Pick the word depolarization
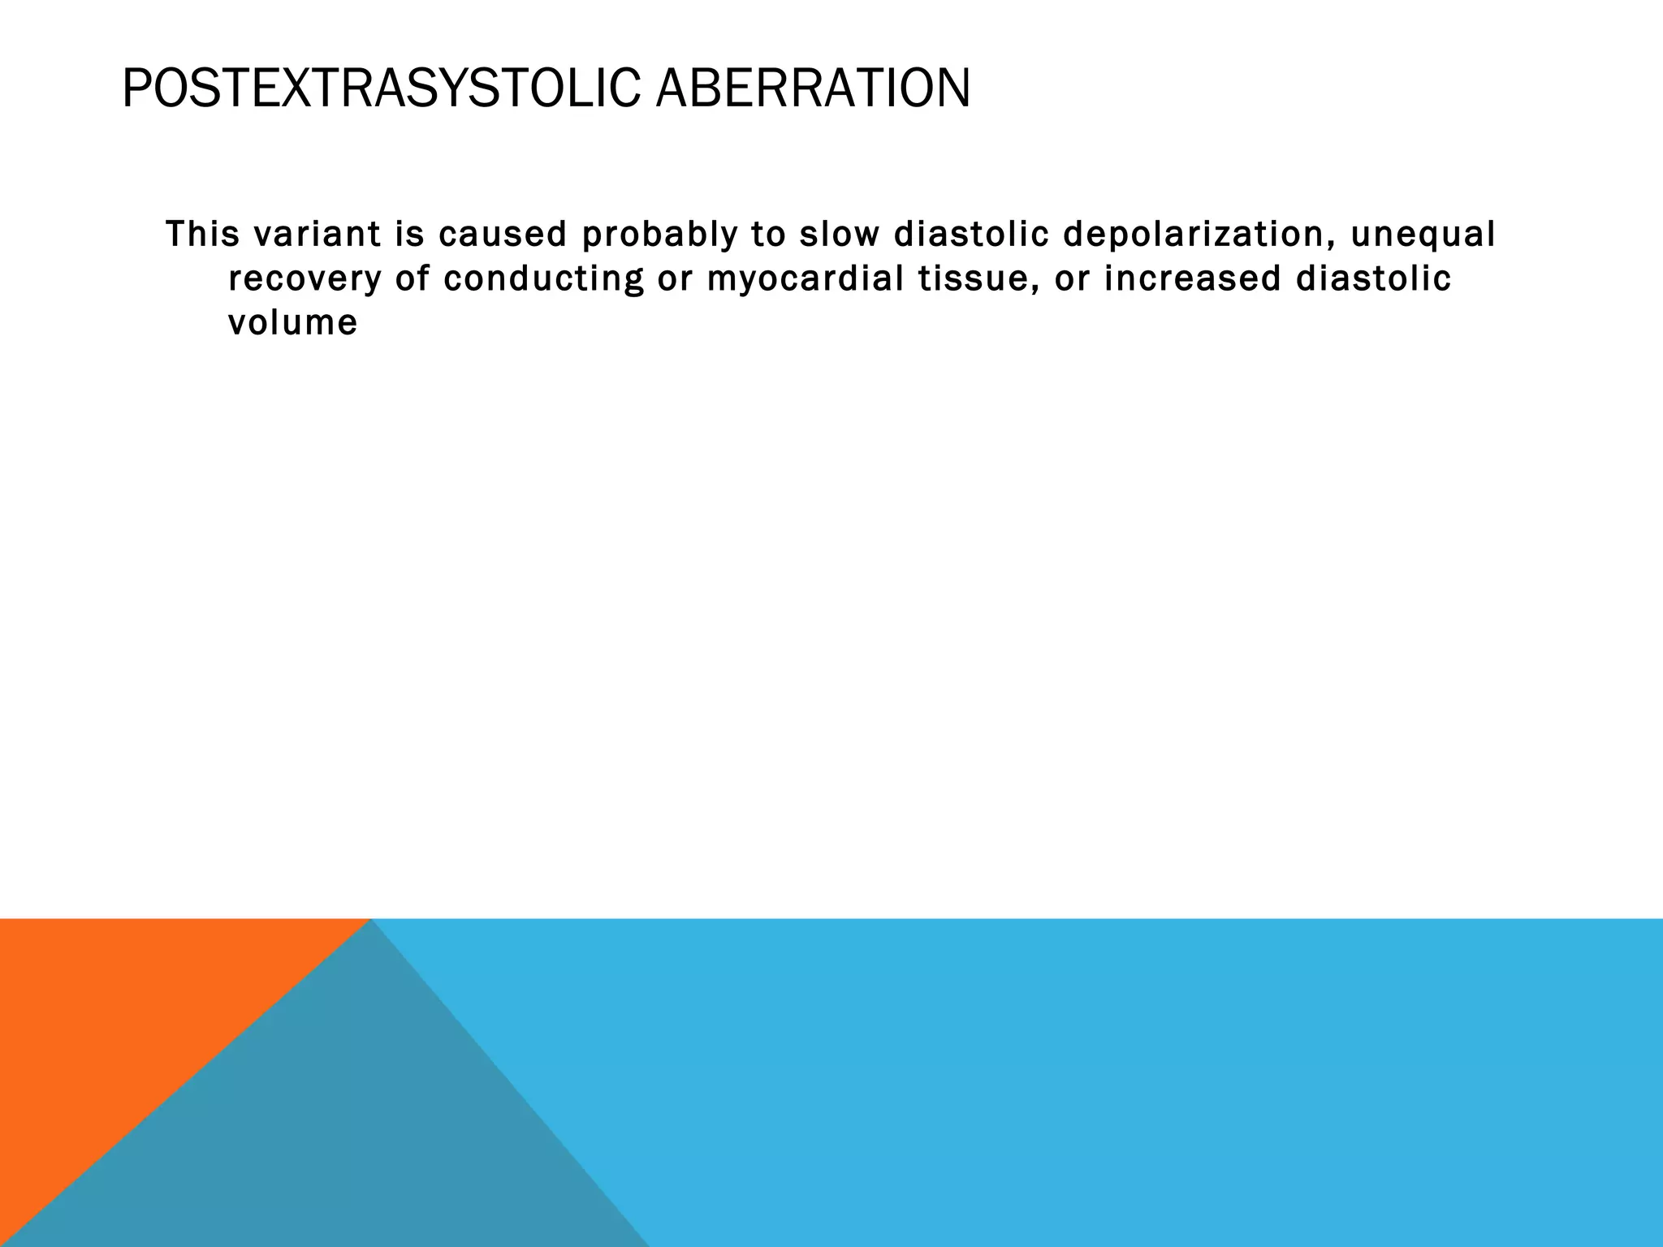click(x=1194, y=235)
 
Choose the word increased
click(x=1191, y=278)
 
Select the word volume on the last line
click(x=292, y=323)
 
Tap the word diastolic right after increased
click(x=1373, y=278)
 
